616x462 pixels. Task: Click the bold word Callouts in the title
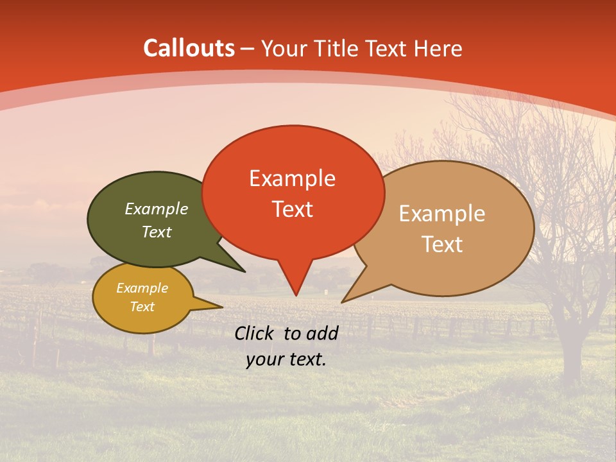coord(189,48)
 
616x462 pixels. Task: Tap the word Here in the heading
coord(438,48)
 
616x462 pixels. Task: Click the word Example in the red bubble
coord(292,178)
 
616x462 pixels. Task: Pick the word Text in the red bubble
coord(292,209)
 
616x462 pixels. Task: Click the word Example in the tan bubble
coord(441,214)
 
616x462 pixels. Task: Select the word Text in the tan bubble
coord(441,244)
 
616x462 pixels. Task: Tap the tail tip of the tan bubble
coord(343,302)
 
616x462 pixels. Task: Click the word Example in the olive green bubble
coord(156,209)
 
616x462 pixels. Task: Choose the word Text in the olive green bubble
coord(156,232)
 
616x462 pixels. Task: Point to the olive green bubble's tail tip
coord(244,271)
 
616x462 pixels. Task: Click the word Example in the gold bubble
coord(142,289)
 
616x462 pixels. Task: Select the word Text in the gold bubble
coord(142,307)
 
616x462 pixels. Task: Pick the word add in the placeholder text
coord(322,333)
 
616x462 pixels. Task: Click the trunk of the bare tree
coord(569,346)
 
